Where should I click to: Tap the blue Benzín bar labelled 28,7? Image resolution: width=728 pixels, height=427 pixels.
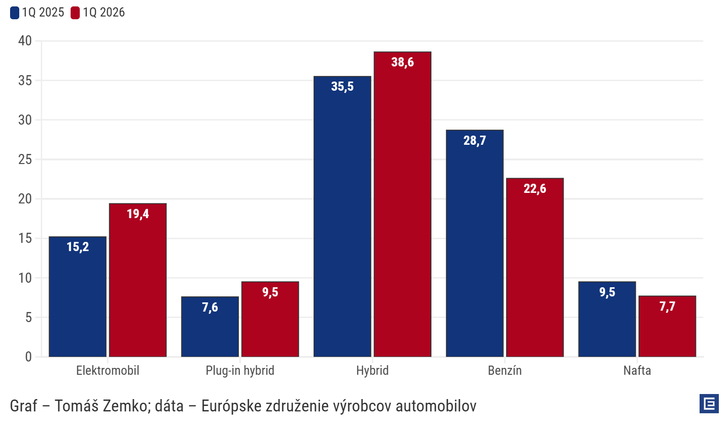click(474, 243)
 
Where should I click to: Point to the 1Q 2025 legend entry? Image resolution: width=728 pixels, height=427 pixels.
click(38, 12)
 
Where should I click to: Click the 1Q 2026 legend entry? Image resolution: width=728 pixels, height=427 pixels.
click(98, 12)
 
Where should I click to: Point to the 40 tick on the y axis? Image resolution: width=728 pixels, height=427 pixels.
click(25, 41)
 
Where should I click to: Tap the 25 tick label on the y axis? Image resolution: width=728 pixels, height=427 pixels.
click(25, 159)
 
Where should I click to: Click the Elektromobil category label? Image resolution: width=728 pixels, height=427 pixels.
click(108, 370)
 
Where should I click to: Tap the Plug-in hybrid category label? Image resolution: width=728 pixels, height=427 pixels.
click(240, 370)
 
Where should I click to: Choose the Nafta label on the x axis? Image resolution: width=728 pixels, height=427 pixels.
click(637, 370)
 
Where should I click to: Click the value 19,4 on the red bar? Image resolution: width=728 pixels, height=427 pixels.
click(138, 214)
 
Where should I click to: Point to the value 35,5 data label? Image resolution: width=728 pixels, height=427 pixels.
click(342, 87)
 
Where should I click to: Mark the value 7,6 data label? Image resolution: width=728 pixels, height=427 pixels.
click(210, 307)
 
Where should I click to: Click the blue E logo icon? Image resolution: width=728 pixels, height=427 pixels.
click(709, 404)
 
